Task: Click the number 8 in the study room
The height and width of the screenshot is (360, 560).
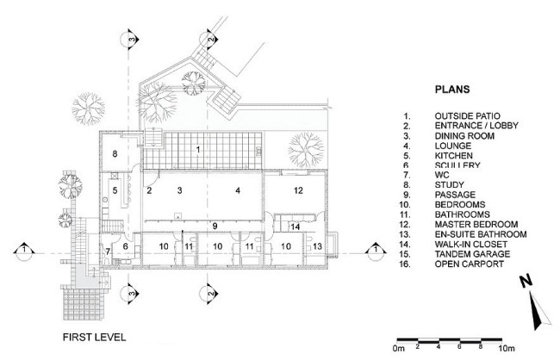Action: click(x=115, y=154)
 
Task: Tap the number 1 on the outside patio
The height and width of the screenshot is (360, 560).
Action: click(x=198, y=150)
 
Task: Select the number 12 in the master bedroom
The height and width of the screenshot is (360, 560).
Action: click(x=298, y=190)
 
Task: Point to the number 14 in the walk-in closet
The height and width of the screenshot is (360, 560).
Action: click(x=295, y=227)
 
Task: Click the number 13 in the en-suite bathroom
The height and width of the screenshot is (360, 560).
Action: click(x=317, y=246)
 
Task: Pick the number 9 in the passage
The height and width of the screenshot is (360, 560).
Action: click(x=215, y=226)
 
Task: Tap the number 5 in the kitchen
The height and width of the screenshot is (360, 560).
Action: click(x=115, y=190)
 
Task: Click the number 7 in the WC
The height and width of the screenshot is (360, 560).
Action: click(x=108, y=251)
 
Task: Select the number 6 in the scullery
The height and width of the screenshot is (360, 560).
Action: click(x=126, y=246)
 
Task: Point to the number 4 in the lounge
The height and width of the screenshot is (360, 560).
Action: click(x=238, y=190)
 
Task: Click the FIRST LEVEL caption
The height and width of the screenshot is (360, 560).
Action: click(x=94, y=337)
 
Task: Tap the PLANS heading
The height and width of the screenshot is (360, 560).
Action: click(x=452, y=90)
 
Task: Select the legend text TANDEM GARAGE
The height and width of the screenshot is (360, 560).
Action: click(x=472, y=254)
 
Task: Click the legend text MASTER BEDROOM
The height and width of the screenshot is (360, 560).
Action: click(x=476, y=224)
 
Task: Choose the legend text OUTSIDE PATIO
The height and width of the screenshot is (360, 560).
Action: click(x=467, y=116)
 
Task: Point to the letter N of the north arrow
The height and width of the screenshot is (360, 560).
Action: click(x=526, y=282)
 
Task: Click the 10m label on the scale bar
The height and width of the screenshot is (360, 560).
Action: click(x=507, y=347)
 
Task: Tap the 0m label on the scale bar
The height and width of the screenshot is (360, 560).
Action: click(x=399, y=347)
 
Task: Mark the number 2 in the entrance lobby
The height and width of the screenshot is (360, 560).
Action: click(x=149, y=190)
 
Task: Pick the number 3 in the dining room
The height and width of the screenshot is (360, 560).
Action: click(x=180, y=190)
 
